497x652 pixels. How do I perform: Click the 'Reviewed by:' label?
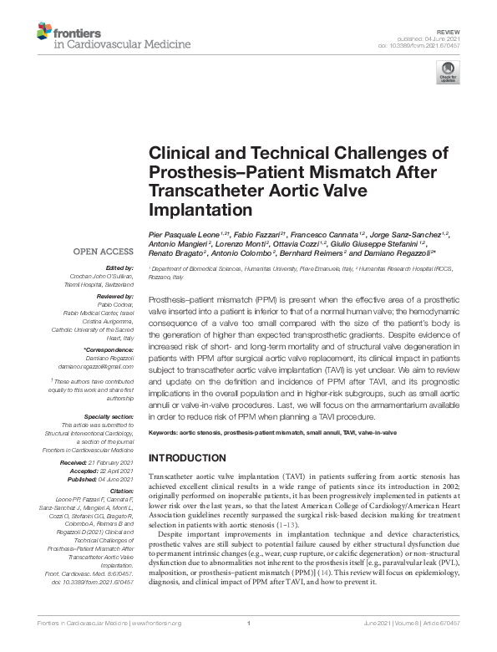point(113,297)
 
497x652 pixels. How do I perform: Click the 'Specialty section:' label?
point(109,415)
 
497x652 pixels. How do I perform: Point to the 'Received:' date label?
point(89,461)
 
